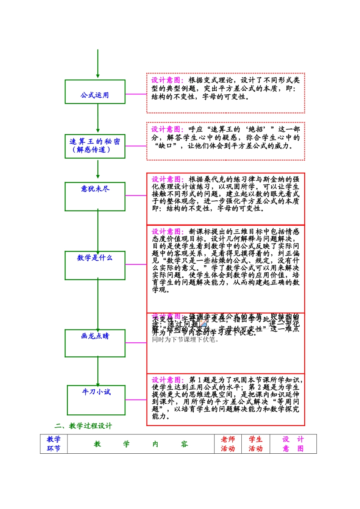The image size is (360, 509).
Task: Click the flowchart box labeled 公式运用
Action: [95, 92]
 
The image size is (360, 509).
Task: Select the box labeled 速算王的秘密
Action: [95, 146]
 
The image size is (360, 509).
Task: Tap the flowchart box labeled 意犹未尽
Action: [95, 197]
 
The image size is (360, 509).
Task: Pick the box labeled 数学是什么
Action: [95, 265]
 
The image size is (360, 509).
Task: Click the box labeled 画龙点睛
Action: [95, 343]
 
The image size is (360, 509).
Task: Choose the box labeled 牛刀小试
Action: [96, 400]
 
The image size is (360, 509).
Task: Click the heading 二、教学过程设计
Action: [83, 426]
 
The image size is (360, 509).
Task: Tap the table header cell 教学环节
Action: [53, 444]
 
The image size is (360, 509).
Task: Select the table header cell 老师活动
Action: [228, 444]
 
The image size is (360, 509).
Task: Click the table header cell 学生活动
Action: [255, 444]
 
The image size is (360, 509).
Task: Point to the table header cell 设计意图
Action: [293, 444]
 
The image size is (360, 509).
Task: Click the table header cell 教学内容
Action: [141, 444]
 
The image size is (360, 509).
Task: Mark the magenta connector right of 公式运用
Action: [136, 94]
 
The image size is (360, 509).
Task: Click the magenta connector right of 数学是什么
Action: [136, 264]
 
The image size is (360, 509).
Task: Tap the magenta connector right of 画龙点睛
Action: [136, 343]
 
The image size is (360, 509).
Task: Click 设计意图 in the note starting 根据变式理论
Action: [167, 80]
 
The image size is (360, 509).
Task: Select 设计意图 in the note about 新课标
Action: [167, 231]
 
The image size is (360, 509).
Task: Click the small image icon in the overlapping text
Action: [203, 323]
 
